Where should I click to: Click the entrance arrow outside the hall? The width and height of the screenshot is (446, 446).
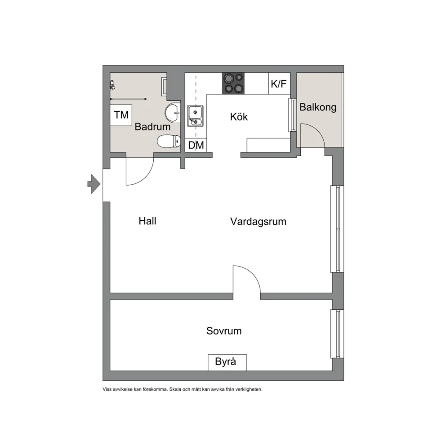pyautogui.click(x=94, y=184)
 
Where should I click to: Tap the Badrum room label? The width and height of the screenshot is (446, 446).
pyautogui.click(x=152, y=127)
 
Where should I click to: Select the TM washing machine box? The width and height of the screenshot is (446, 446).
pyautogui.click(x=121, y=115)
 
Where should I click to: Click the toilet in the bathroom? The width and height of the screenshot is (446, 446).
pyautogui.click(x=169, y=141)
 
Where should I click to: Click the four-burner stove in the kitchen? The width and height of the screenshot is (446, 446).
pyautogui.click(x=233, y=83)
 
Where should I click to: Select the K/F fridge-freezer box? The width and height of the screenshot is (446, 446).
pyautogui.click(x=279, y=84)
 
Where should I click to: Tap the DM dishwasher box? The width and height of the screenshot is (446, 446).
pyautogui.click(x=196, y=145)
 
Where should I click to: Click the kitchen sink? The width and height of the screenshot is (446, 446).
pyautogui.click(x=195, y=116)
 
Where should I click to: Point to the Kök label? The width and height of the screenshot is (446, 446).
pyautogui.click(x=239, y=116)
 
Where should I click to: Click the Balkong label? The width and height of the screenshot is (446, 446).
pyautogui.click(x=318, y=107)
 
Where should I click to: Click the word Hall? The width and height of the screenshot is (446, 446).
pyautogui.click(x=147, y=221)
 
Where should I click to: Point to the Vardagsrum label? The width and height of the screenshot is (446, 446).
pyautogui.click(x=258, y=222)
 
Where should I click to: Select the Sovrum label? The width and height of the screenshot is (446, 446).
pyautogui.click(x=224, y=331)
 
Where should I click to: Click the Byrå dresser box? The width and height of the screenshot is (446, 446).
pyautogui.click(x=227, y=362)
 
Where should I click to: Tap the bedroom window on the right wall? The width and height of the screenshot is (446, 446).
pyautogui.click(x=337, y=334)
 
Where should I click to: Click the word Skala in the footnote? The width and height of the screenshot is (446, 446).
pyautogui.click(x=175, y=389)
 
